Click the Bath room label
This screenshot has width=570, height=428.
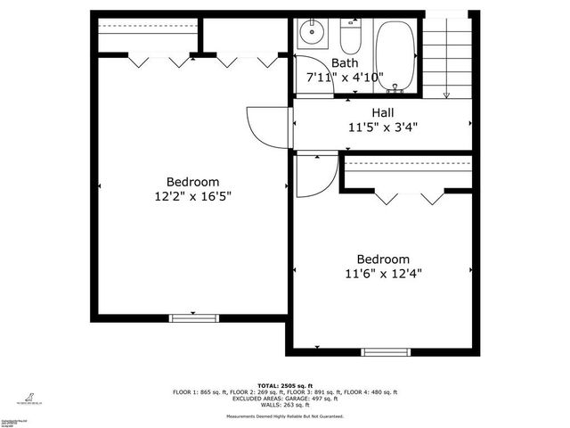click(345, 63)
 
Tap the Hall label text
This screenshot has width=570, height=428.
click(383, 112)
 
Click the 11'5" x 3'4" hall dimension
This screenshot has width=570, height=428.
click(383, 127)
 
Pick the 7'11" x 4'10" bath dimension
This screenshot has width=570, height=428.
click(345, 78)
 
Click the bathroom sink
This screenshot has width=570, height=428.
click(312, 33)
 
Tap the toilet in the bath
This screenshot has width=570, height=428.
click(349, 36)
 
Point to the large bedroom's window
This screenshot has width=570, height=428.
click(194, 317)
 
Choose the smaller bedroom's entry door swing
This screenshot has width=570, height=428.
click(313, 174)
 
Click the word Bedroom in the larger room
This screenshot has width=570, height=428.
click(193, 182)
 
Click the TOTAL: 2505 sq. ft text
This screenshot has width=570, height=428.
click(285, 385)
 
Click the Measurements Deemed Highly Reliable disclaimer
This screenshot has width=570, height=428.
click(285, 416)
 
